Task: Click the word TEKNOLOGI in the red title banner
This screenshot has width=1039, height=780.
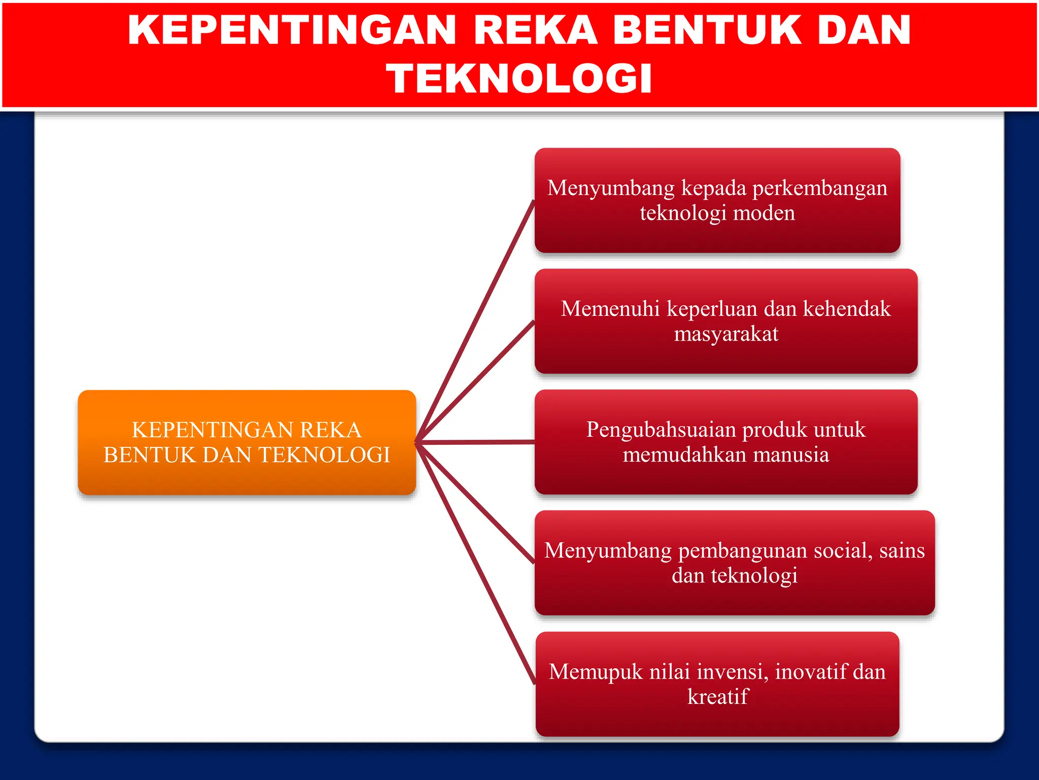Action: (x=519, y=79)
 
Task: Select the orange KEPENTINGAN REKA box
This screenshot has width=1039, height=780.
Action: (x=247, y=442)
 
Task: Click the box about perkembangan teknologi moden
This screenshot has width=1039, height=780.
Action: (x=717, y=200)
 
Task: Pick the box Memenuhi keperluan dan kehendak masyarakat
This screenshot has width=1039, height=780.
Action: (x=725, y=321)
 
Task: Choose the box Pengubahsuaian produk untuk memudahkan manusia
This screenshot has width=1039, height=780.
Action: (x=725, y=442)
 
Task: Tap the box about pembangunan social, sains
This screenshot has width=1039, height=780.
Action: (x=734, y=563)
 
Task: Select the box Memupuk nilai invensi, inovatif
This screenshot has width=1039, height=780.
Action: (x=717, y=684)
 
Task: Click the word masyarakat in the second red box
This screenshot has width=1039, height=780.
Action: (x=725, y=334)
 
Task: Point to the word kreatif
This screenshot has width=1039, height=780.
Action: (x=717, y=697)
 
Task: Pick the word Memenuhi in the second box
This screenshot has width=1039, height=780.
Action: (x=610, y=309)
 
